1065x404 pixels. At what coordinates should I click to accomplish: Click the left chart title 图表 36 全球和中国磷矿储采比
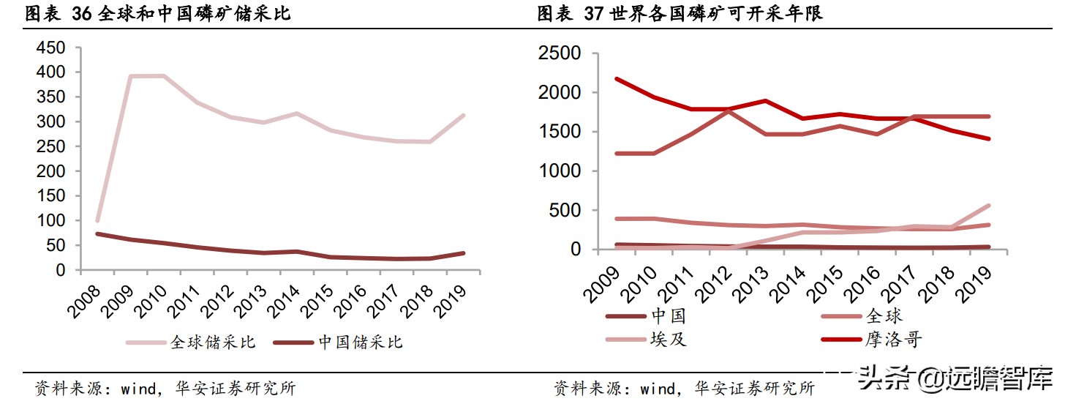point(157,14)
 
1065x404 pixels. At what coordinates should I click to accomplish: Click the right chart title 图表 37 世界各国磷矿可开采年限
point(680,14)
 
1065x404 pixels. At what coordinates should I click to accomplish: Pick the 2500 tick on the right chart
point(559,54)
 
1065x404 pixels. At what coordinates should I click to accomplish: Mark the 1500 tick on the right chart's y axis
point(559,132)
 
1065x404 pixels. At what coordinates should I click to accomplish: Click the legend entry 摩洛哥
point(894,339)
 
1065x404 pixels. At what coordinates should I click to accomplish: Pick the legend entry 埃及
point(669,339)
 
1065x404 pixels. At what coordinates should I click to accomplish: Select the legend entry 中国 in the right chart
point(669,316)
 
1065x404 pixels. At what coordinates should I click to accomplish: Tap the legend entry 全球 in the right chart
point(884,316)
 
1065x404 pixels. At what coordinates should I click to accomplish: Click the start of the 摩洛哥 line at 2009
point(616,78)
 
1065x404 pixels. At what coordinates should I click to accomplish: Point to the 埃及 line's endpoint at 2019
point(989,206)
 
